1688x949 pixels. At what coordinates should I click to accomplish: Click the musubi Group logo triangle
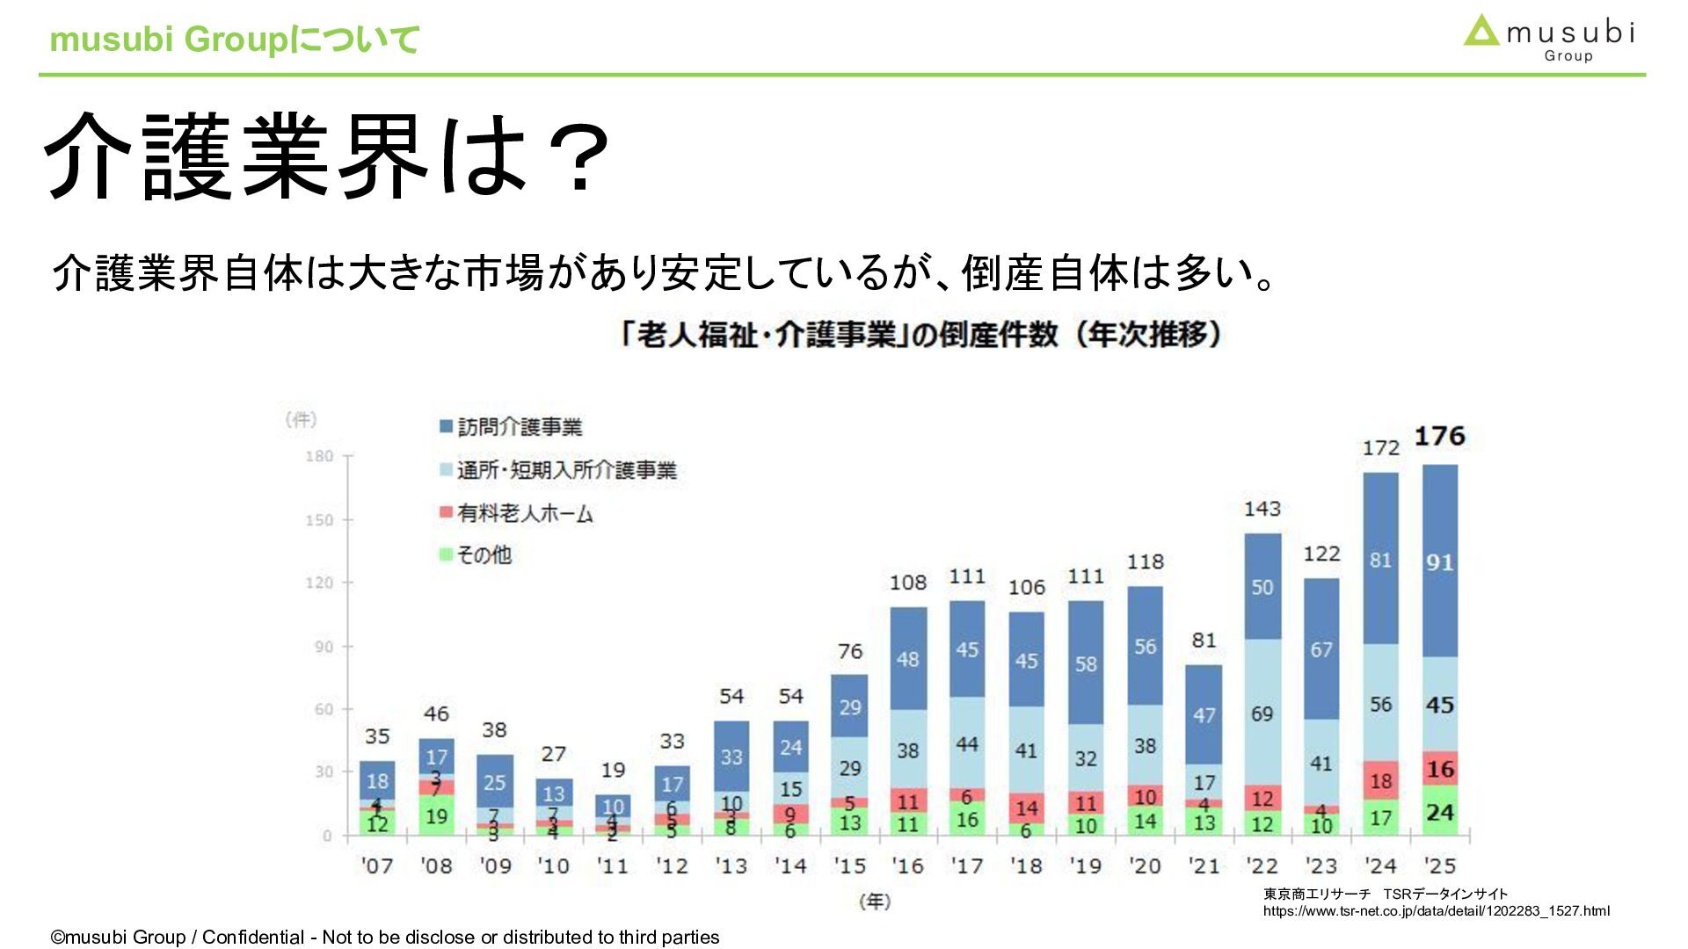coord(1481,32)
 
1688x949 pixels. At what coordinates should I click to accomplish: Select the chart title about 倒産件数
coord(920,335)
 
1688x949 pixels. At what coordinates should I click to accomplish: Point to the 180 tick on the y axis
coord(320,456)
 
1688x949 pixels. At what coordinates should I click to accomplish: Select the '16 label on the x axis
coord(908,866)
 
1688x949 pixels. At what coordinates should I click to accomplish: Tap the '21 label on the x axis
coord(1204,866)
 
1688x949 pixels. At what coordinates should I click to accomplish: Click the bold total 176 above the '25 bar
coord(1439,437)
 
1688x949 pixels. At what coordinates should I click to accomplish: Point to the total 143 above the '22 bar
coord(1262,509)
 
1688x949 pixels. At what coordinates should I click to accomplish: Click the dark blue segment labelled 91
coord(1439,562)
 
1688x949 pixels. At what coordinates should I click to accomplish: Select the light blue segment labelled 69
coord(1262,713)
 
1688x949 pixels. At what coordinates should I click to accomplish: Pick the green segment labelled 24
coord(1439,811)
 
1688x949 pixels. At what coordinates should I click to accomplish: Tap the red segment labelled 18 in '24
coord(1380,781)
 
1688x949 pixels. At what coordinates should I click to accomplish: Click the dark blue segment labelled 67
coord(1321,649)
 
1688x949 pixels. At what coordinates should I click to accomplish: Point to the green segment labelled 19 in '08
coord(436,816)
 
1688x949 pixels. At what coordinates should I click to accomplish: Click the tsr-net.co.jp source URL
coord(1436,911)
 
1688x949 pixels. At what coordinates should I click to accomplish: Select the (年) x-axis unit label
coord(874,902)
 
